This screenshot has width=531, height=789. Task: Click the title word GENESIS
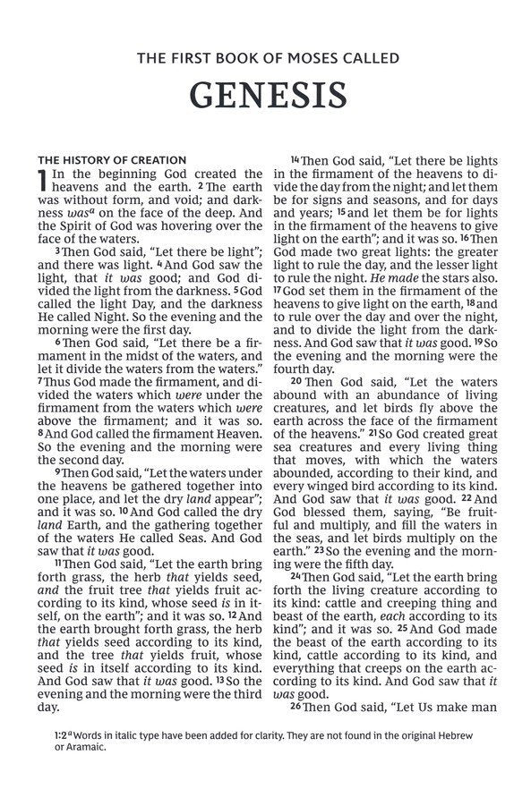pos(265,95)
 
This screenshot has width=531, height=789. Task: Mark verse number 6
pos(57,342)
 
